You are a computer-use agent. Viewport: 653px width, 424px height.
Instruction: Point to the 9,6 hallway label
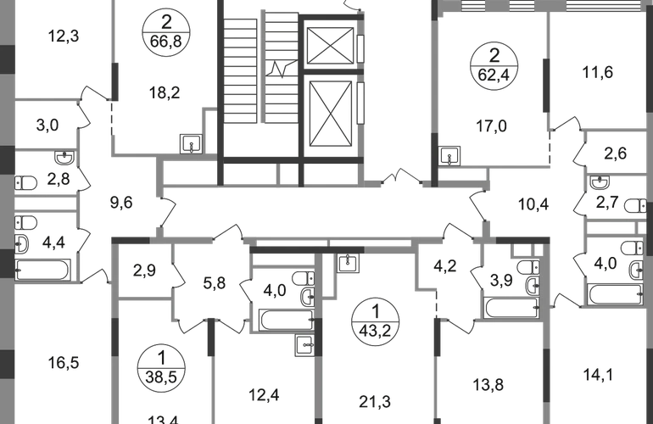(x=124, y=202)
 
